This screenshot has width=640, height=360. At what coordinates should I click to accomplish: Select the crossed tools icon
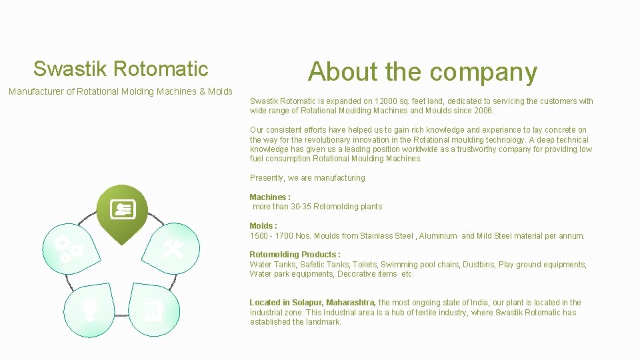173,248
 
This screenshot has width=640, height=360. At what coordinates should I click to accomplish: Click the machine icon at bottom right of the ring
153,308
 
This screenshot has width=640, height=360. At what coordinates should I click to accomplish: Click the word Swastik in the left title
71,69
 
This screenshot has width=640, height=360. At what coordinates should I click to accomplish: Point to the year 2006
482,111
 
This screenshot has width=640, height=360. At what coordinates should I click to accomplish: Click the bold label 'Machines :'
270,197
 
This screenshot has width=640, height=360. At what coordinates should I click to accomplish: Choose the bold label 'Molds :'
263,226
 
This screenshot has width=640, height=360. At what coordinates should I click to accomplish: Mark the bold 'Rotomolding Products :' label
295,255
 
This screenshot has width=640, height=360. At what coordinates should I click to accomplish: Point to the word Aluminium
438,236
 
